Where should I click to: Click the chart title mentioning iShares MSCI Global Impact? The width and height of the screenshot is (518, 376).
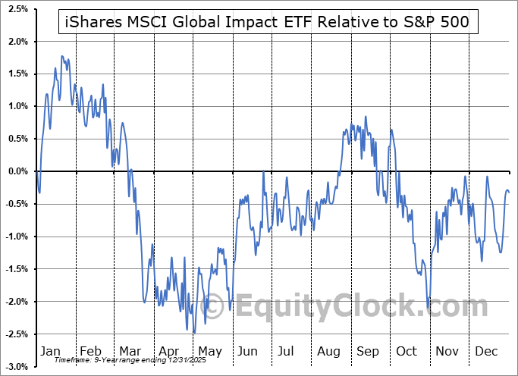[265, 23]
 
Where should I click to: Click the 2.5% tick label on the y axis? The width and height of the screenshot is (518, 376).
[17, 8]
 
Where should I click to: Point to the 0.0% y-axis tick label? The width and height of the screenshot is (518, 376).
[17, 171]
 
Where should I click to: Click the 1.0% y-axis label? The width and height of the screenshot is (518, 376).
[17, 106]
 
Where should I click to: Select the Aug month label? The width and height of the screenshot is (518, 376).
[329, 352]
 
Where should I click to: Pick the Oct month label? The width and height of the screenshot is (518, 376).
[407, 352]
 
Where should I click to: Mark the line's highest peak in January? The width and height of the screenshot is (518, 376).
[62, 56]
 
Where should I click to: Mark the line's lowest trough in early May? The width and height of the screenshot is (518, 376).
[194, 332]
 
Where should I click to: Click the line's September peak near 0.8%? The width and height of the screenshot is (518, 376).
[366, 117]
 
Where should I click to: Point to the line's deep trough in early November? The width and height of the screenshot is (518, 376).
[428, 307]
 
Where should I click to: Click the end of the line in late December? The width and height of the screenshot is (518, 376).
[509, 192]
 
